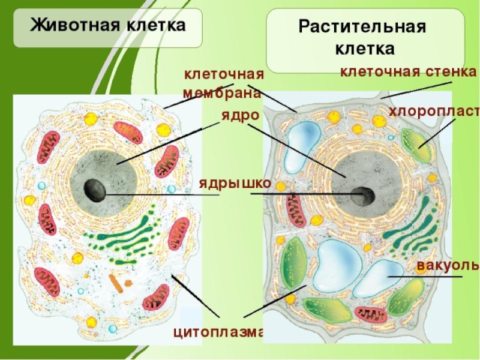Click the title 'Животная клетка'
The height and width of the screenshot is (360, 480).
point(108,26)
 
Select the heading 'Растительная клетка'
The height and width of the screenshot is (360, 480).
point(362,37)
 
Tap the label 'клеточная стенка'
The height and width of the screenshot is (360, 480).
point(408,73)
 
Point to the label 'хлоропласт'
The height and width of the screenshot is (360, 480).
point(434,112)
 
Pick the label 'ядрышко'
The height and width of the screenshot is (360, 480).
point(235,183)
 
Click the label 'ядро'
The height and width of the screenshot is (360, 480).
point(239,115)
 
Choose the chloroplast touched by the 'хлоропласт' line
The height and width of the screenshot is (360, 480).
point(416,146)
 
